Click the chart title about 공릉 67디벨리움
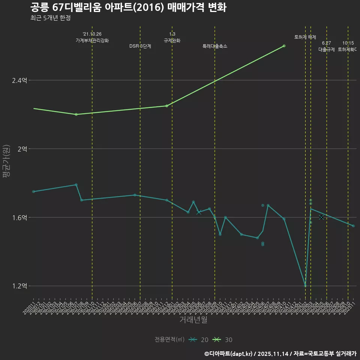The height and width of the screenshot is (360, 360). click(128, 7)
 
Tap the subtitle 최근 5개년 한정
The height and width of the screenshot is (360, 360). click(50, 18)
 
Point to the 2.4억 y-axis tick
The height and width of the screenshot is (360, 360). click(19, 80)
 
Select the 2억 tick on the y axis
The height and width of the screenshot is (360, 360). click(22, 149)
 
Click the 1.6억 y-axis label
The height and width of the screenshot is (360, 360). click(19, 217)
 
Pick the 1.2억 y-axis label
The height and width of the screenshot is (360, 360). click(19, 286)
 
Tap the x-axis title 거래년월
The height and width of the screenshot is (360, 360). click(193, 320)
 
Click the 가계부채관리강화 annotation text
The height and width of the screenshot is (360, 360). click(92, 40)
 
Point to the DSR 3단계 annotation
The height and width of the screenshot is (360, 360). click(140, 46)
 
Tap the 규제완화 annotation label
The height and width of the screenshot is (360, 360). click(172, 40)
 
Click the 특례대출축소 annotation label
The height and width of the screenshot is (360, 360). click(215, 46)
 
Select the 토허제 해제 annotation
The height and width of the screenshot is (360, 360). click(305, 37)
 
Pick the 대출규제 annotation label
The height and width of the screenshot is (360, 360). click(327, 49)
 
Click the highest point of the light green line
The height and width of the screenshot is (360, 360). click(284, 46)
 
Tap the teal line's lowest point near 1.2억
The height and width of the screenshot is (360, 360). click(305, 286)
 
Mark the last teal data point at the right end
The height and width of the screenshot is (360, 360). click(353, 226)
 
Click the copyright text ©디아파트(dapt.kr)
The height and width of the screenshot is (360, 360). click(229, 354)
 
